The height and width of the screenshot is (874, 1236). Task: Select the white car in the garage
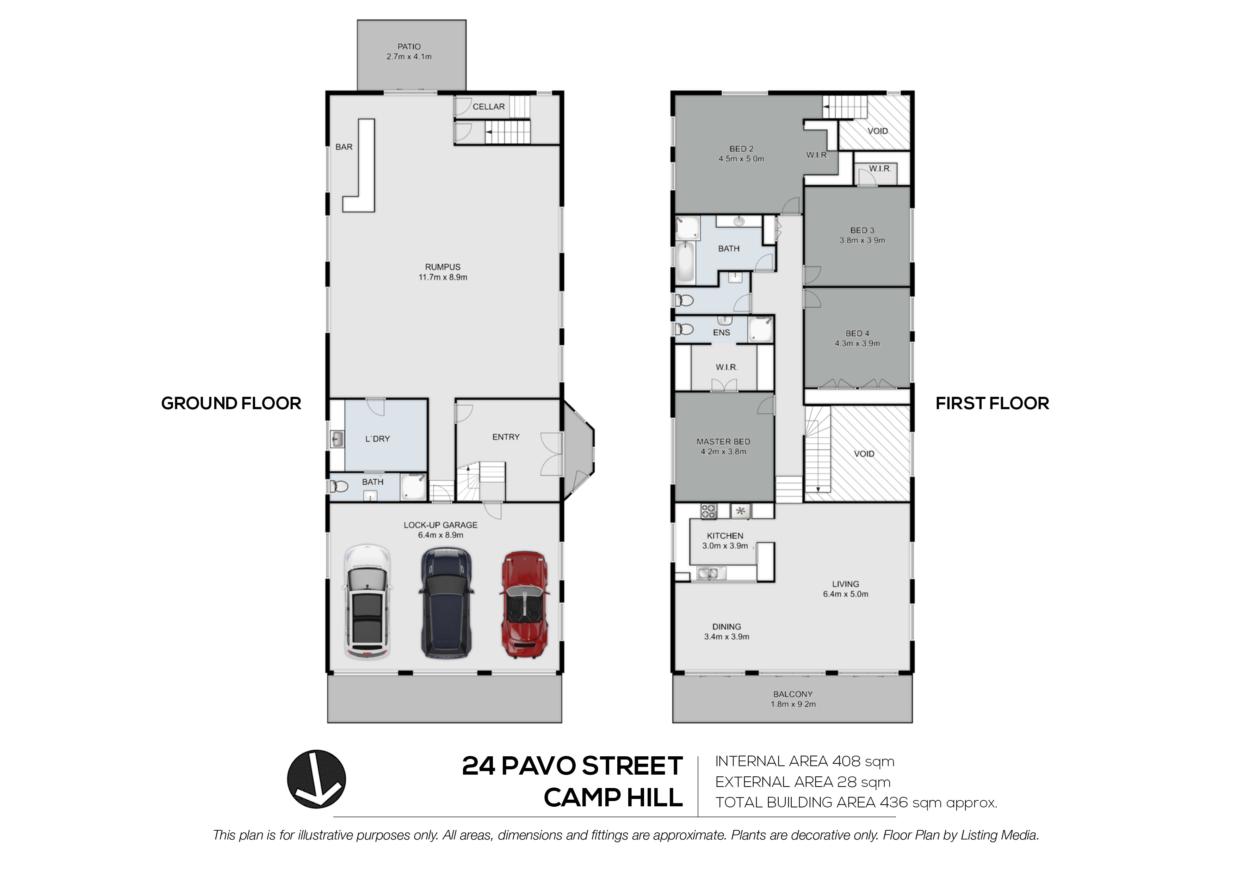tap(367, 602)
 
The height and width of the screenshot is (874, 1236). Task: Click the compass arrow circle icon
tap(316, 779)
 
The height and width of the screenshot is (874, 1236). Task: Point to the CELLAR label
tap(489, 107)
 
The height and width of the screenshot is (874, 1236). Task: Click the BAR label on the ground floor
tap(344, 147)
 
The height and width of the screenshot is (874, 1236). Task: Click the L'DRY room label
tap(377, 439)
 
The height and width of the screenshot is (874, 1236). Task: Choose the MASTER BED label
tap(723, 442)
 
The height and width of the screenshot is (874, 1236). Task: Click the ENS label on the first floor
tap(721, 333)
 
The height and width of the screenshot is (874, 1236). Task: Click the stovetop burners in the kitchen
tap(709, 511)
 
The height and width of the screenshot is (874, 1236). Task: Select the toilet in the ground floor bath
tap(339, 487)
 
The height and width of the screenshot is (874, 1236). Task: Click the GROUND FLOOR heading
tap(231, 403)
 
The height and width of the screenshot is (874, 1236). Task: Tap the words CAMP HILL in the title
tap(613, 798)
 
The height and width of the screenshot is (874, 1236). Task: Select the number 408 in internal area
tap(847, 762)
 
